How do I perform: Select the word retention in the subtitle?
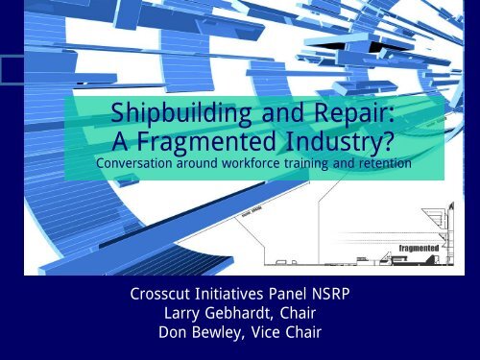(x=383, y=166)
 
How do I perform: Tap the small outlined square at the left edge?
(x=12, y=69)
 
